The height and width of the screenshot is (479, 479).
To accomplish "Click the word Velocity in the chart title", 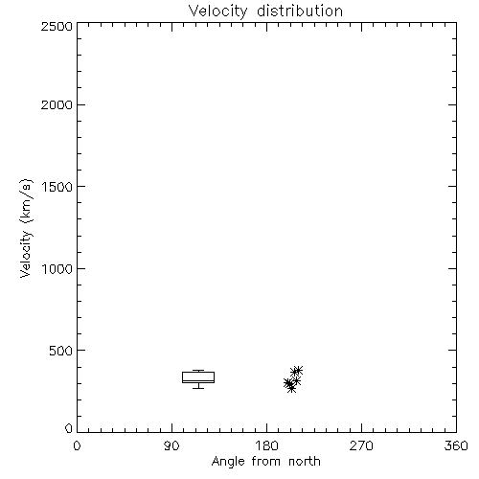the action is (x=217, y=11).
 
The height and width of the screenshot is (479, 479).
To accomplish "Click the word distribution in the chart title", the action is (x=300, y=11).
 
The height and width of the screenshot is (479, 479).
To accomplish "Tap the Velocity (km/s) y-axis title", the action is (x=26, y=228).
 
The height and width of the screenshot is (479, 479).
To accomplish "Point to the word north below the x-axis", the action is (x=305, y=461).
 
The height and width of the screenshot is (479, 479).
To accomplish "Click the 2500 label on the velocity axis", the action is (x=57, y=26).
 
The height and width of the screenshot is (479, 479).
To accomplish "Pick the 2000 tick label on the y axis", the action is (x=57, y=104).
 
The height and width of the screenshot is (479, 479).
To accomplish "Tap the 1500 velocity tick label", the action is (x=57, y=187).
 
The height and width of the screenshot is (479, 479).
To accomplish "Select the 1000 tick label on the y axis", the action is (x=57, y=268).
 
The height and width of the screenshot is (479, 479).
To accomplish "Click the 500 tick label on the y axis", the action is (x=60, y=351).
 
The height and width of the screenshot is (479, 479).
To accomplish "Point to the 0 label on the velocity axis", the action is (x=69, y=428).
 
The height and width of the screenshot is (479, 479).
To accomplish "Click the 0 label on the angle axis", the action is (x=77, y=445).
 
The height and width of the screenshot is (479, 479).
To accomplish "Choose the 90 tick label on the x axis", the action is (x=171, y=445).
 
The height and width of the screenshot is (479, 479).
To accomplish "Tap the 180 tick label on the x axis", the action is (x=266, y=445).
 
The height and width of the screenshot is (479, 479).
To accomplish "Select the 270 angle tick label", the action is (x=361, y=445).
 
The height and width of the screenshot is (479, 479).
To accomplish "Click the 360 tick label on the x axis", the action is (x=456, y=445).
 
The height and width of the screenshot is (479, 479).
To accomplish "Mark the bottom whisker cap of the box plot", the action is (x=198, y=388).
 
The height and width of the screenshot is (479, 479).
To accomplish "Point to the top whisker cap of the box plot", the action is (x=198, y=371).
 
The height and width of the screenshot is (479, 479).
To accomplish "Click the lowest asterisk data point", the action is (x=291, y=388).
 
